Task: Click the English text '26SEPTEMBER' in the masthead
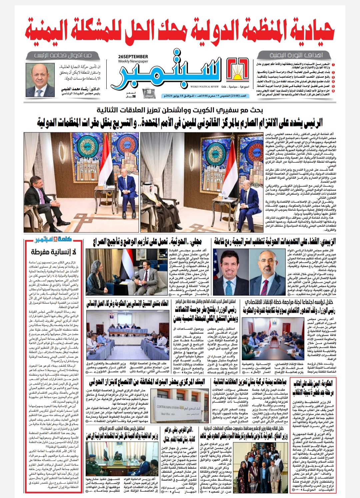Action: coord(133,56)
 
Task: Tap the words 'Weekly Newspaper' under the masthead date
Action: coord(133,61)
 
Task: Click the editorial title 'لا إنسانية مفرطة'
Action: coord(53,252)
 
